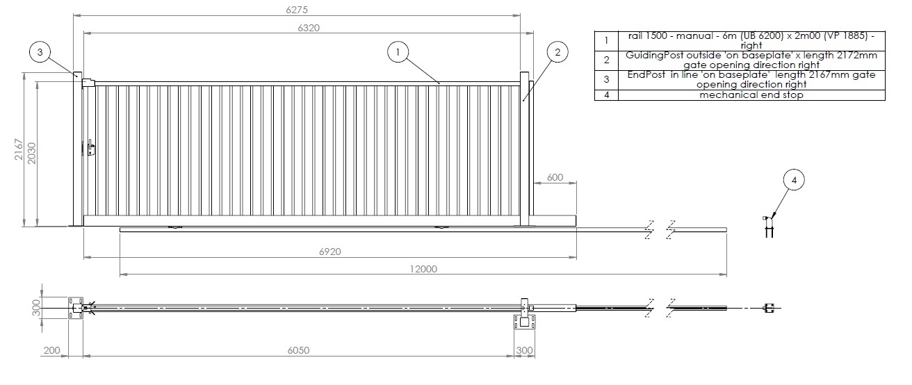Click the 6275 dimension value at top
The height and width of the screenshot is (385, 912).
tap(296, 9)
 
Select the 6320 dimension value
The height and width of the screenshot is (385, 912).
tap(309, 28)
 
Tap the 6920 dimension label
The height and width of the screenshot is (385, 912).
tap(329, 252)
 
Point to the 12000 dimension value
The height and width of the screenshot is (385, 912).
tap(423, 269)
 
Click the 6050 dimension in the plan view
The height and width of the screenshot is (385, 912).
tap(298, 350)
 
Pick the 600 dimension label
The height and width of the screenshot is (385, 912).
tap(555, 177)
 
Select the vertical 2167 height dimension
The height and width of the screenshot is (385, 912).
tap(19, 149)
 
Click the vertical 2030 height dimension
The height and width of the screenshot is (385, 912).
tap(32, 154)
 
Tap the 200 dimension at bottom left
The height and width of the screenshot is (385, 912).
tap(51, 350)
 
